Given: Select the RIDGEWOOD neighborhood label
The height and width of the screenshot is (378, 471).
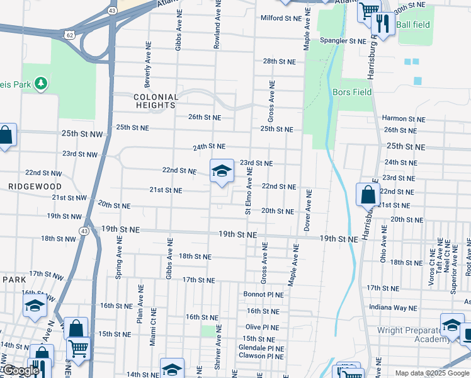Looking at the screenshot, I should pyautogui.click(x=35, y=186).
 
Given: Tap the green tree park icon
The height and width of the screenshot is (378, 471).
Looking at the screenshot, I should pyautogui.click(x=41, y=83).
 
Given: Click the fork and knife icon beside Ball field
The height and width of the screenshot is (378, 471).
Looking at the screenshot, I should pyautogui.click(x=383, y=25).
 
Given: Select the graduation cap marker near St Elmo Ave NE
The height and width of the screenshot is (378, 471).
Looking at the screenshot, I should pyautogui.click(x=222, y=171).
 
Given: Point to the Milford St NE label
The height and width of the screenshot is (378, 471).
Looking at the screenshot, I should pyautogui.click(x=281, y=18).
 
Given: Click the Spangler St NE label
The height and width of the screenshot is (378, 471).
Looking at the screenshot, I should pyautogui.click(x=343, y=41).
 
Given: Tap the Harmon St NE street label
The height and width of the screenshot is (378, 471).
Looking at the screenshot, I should pyautogui.click(x=403, y=118).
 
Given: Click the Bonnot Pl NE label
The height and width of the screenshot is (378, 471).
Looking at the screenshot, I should pyautogui.click(x=264, y=294).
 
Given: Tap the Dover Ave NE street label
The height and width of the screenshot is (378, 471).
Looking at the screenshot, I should pyautogui.click(x=308, y=210).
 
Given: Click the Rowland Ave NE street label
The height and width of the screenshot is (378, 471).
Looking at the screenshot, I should pyautogui.click(x=217, y=25).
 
